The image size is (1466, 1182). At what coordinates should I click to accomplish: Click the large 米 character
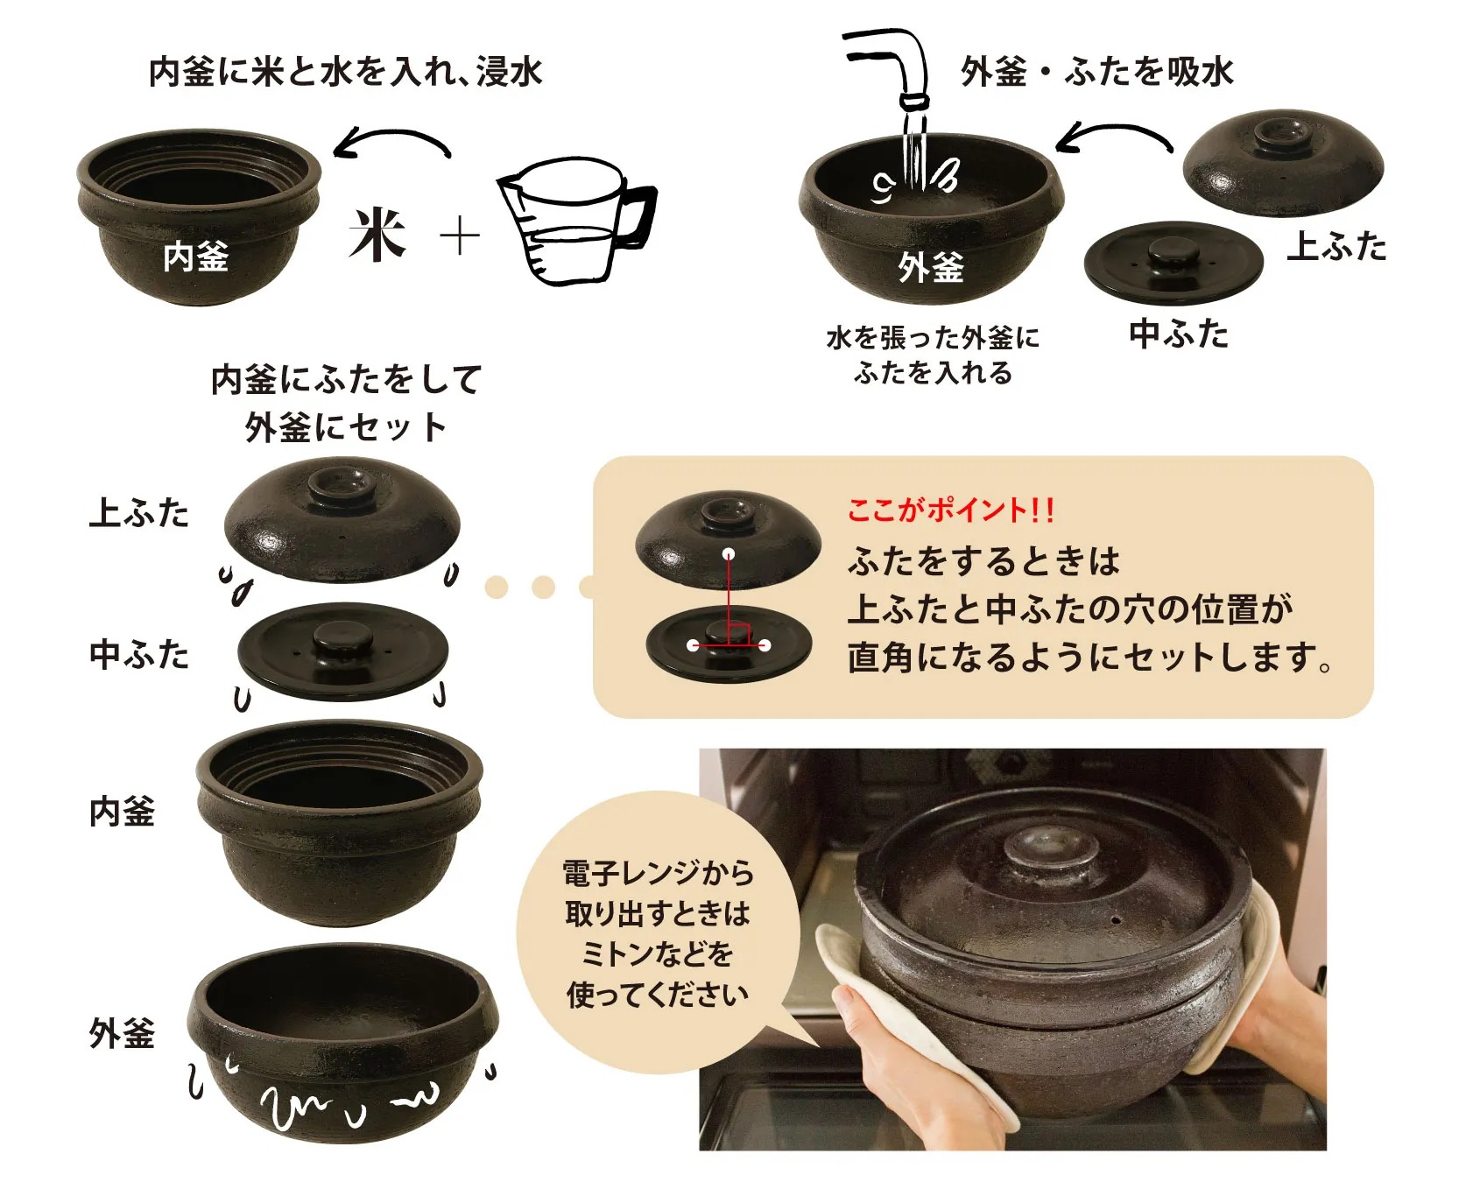coord(378,235)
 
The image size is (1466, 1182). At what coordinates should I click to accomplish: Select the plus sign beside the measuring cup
coord(460,236)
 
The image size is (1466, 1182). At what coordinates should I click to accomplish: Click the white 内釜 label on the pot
coord(196,257)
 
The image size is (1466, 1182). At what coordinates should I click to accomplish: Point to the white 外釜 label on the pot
coord(930,266)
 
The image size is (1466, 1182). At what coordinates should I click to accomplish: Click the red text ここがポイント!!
coord(951,510)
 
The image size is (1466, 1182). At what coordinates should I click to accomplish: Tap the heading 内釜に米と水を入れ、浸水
coord(346,71)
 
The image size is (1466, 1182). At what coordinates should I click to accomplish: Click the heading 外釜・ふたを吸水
coord(1097,71)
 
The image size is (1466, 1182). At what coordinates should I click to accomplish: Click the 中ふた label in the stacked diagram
coord(139,654)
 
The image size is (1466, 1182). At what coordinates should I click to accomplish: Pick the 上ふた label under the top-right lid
coord(1337,246)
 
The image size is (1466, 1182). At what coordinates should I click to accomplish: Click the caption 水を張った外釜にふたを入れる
coord(933,355)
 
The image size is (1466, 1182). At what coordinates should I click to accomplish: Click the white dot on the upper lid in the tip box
coord(729,554)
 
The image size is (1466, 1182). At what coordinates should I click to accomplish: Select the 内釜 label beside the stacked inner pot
coord(123,812)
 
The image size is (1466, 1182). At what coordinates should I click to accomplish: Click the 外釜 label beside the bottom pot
coord(123,1033)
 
